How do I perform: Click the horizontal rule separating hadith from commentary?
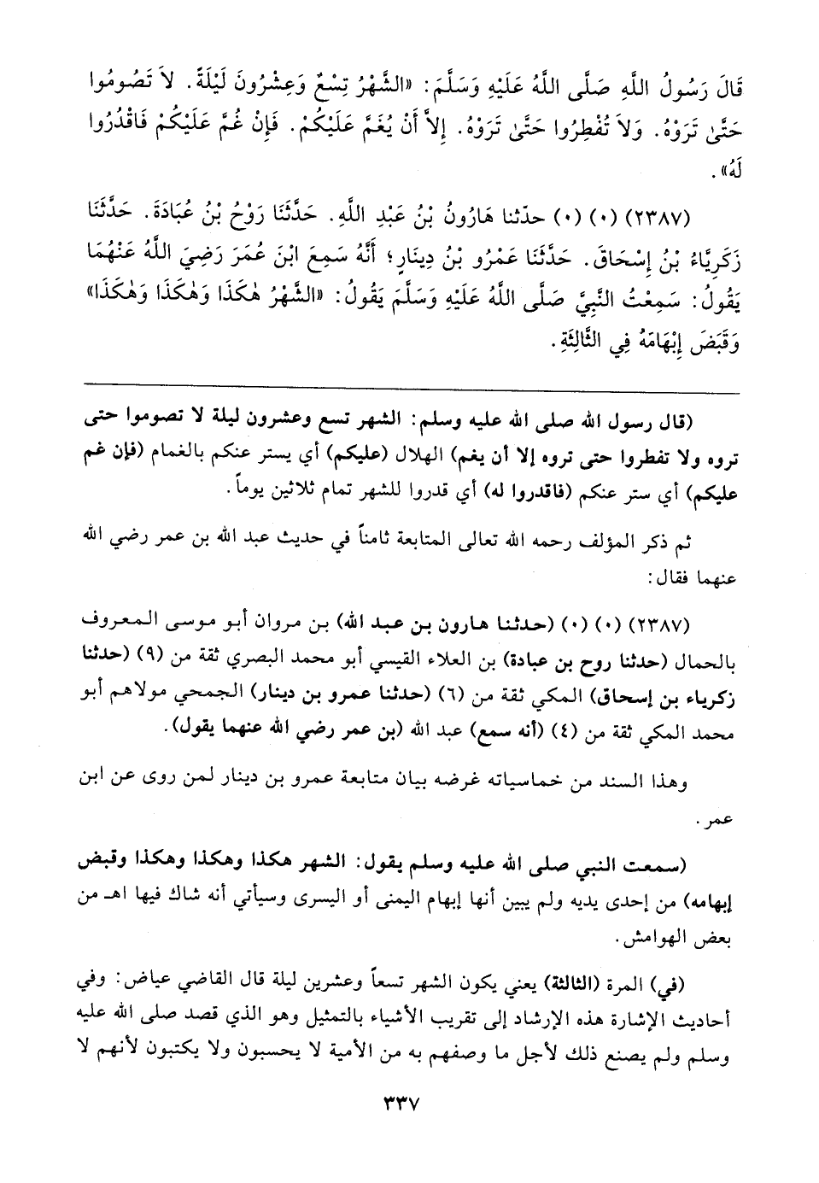point(409,393)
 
